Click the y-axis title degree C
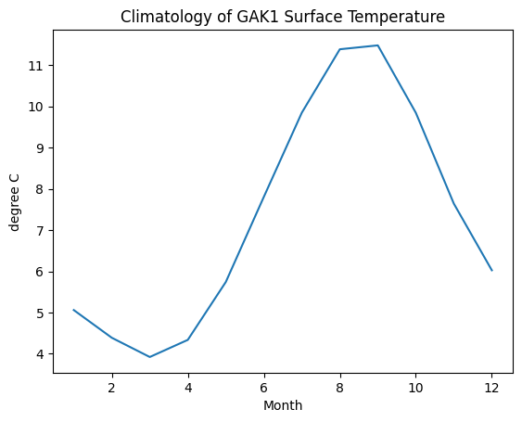[x=14, y=202]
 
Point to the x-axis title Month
[x=283, y=405]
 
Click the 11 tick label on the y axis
[x=36, y=66]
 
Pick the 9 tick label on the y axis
[x=40, y=147]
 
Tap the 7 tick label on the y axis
[x=40, y=231]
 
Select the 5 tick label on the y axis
[x=40, y=313]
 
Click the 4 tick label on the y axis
[x=40, y=354]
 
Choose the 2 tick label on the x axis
[x=112, y=388]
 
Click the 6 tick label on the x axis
[x=264, y=388]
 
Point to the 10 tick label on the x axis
[x=415, y=388]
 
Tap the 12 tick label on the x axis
[x=491, y=388]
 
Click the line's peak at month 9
[x=378, y=45]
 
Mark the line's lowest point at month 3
[x=150, y=357]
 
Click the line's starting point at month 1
[x=73, y=310]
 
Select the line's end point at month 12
[x=492, y=271]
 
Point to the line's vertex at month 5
[x=225, y=282]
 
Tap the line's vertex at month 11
[x=454, y=203]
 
